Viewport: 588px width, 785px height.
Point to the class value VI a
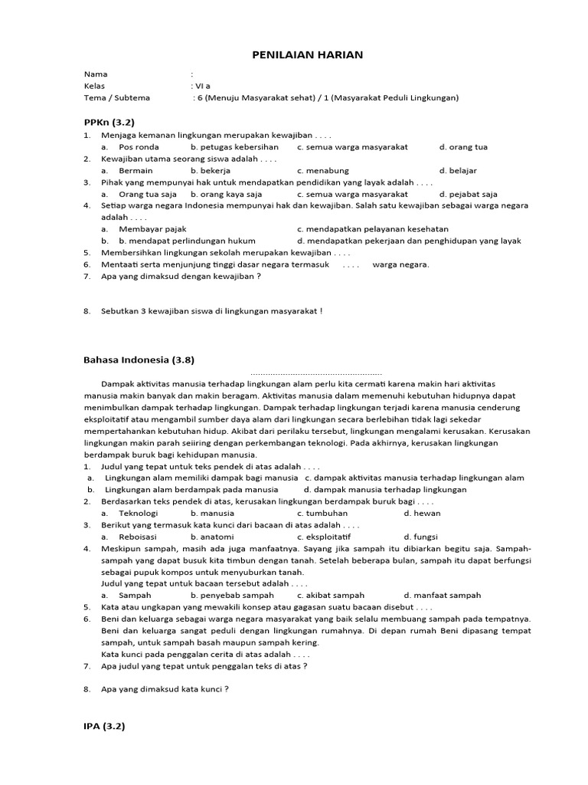[x=202, y=86]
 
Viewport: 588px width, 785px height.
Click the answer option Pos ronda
[x=139, y=146]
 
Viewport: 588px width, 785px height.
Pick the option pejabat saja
[x=473, y=194]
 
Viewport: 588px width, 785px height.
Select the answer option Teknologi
[x=139, y=513]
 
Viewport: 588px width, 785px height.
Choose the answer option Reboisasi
[x=138, y=537]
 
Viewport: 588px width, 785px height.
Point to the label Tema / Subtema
[x=117, y=97]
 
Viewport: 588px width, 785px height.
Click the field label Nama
[x=96, y=74]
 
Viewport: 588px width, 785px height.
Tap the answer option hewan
[x=426, y=513]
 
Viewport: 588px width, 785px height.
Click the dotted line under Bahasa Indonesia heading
[x=315, y=372]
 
